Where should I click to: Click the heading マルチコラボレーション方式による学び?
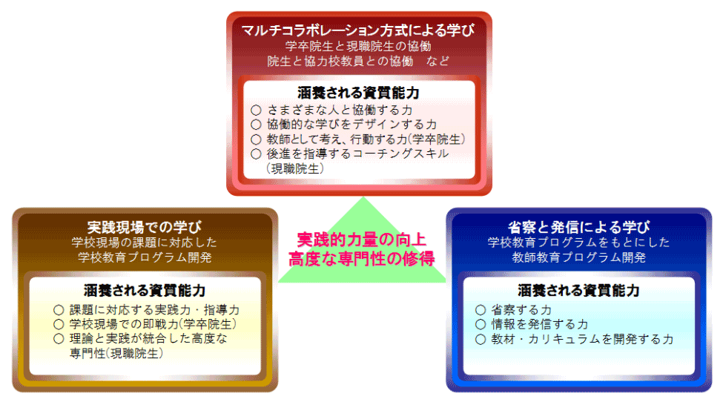[x=358, y=30]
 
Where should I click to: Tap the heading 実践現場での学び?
[x=144, y=227]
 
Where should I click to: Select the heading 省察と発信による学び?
[x=578, y=227]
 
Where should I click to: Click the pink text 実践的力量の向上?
[x=362, y=240]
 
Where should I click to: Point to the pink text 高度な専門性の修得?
[x=362, y=259]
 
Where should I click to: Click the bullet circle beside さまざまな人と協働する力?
[x=257, y=111]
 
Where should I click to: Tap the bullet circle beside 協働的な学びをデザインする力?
[x=257, y=125]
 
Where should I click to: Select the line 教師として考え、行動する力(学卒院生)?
[x=366, y=139]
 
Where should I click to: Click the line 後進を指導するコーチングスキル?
[x=357, y=154]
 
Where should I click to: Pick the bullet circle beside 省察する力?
[x=480, y=310]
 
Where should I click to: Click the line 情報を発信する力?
[x=540, y=324]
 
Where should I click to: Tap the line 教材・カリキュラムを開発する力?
[x=582, y=339]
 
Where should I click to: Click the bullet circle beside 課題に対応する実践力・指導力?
[x=59, y=310]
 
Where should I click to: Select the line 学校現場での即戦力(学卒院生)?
[x=153, y=324]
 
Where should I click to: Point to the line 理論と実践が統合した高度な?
[x=148, y=339]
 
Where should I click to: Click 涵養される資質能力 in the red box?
[x=359, y=93]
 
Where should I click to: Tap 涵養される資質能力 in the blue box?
[x=578, y=290]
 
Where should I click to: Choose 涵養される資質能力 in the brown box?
[x=145, y=290]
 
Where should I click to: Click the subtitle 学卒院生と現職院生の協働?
[x=358, y=46]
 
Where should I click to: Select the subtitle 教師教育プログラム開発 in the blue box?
[x=578, y=257]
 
